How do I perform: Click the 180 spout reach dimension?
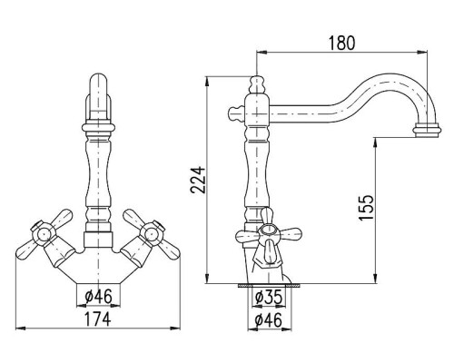pos(341,43)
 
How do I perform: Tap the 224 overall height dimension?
pos(198,180)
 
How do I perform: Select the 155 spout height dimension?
pos(367,208)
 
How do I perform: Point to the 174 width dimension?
pos(97,319)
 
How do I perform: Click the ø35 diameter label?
pos(269,297)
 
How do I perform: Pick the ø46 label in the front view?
pos(98,296)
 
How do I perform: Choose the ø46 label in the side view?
pos(268,319)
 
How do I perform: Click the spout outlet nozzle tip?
pos(427,130)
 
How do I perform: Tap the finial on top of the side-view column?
pos(257,83)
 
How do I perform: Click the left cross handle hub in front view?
pos(43,234)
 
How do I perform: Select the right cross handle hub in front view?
pos(152,234)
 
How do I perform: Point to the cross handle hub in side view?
pos(269,232)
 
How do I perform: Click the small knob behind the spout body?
pos(235,113)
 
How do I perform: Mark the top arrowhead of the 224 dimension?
pos(207,81)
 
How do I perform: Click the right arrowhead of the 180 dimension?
pos(422,52)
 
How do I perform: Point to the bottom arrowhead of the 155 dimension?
pos(375,279)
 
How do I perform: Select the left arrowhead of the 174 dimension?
pos(20,328)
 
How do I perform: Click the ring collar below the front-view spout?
pos(99,127)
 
